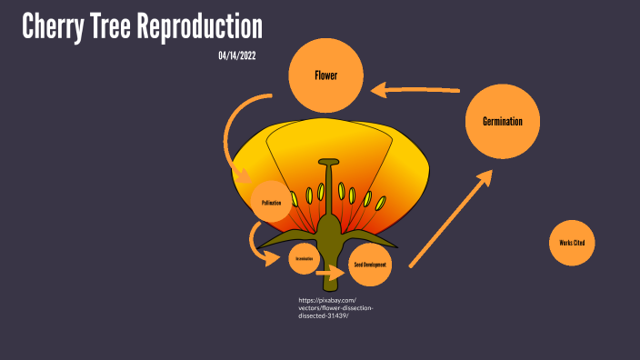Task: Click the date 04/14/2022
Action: point(237,56)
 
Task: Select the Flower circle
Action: point(326,75)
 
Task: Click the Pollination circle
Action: point(271,203)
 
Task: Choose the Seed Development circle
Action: point(370,265)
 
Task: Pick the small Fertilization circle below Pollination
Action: point(304,259)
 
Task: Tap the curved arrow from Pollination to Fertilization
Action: point(258,244)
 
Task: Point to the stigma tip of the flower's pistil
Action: point(329,163)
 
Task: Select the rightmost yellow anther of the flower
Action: point(380,202)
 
